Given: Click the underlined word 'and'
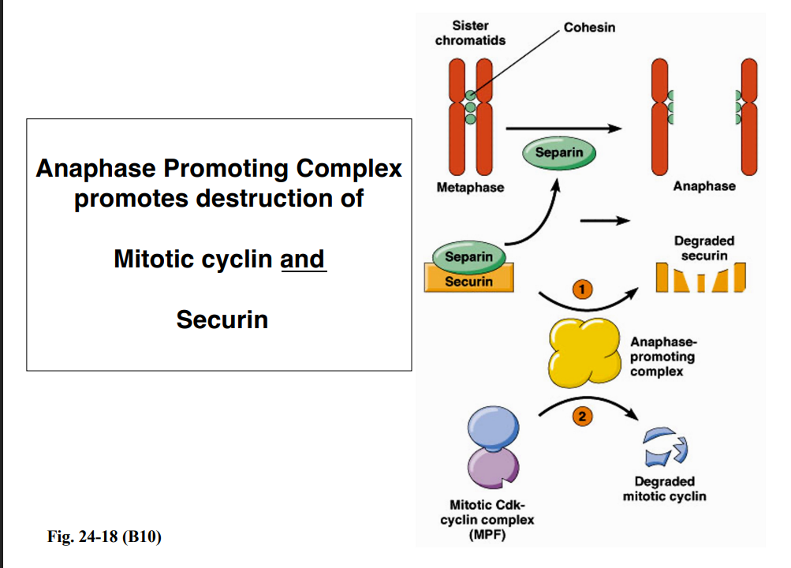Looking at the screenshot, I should tap(303, 259).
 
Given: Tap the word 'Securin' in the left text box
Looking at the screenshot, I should tap(222, 319).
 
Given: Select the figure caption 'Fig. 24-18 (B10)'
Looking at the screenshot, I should tap(105, 539).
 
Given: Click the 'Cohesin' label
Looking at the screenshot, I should tap(590, 28).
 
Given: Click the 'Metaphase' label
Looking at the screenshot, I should tap(470, 188).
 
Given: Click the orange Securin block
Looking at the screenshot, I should tap(469, 281).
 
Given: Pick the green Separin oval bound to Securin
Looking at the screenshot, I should tap(468, 256).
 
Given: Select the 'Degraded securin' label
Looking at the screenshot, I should tap(703, 248).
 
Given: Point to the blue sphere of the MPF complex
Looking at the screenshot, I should tap(492, 429).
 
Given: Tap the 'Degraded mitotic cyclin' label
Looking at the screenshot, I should tap(664, 488).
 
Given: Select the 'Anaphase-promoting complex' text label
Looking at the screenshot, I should tap(662, 357).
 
